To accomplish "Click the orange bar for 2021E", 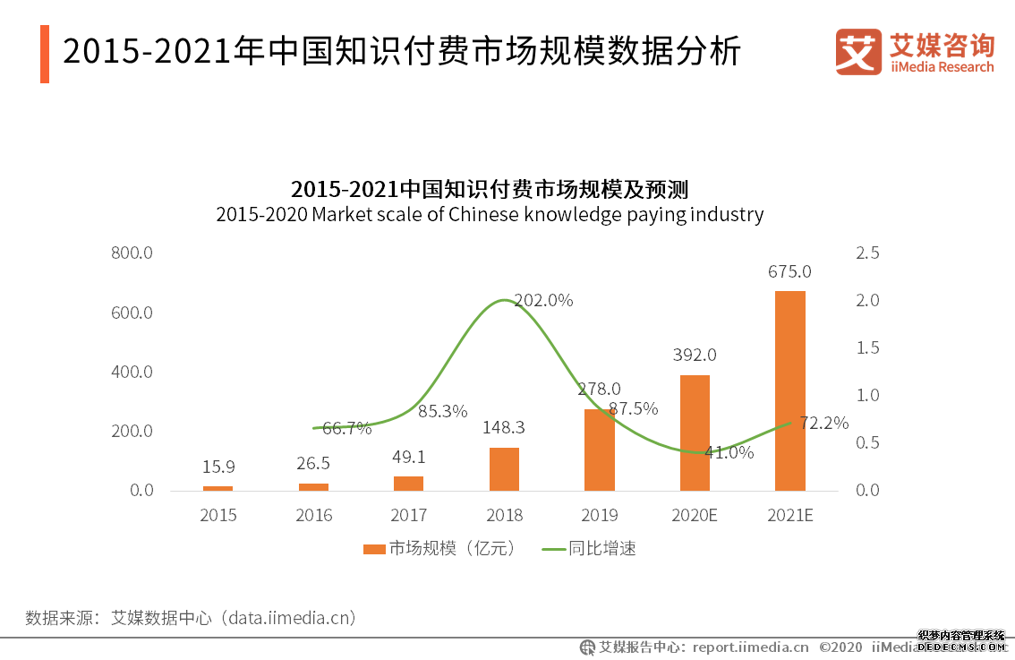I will coord(789,390).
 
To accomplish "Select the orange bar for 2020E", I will coord(695,433).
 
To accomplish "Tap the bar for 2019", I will coord(599,450).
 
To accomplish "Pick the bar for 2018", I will coord(504,468).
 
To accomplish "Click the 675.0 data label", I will coord(789,271).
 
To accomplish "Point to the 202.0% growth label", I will coord(543,301).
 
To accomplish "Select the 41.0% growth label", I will coord(729,452).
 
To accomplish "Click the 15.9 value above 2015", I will coord(218,467).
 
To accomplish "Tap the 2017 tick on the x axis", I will coord(408,516).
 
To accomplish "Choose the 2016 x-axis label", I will coord(313,516).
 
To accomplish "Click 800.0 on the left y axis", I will coord(132,253).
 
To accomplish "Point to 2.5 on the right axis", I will coord(867,253).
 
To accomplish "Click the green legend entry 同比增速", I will coord(590,549).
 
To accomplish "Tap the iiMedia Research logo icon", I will coord(857,52).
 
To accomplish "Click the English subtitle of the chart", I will coord(490,215).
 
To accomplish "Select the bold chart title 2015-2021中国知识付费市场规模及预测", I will coord(490,190).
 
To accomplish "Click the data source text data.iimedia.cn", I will coord(290,618).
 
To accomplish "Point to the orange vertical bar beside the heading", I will coord(45,54).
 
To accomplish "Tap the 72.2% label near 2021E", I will coord(823,423).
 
